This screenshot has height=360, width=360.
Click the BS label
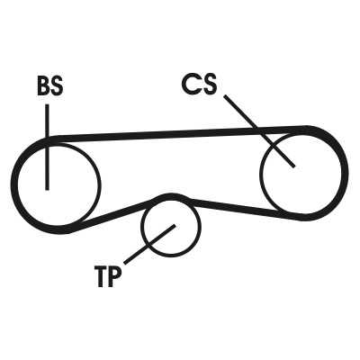[50, 86]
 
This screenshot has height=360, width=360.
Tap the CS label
[199, 84]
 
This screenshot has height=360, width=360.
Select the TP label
[108, 276]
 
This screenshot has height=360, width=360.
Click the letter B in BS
[43, 86]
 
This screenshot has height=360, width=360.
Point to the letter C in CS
[190, 84]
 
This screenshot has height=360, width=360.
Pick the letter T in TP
[101, 276]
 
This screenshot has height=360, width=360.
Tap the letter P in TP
[115, 276]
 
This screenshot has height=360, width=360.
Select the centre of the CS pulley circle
[301, 173]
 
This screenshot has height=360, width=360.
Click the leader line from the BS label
[47, 147]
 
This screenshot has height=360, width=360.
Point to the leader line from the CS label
[259, 130]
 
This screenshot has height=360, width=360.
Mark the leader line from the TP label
[149, 244]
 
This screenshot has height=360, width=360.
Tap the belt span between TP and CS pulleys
[240, 208]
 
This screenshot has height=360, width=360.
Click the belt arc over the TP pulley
[171, 197]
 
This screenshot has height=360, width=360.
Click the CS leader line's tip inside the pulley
[294, 166]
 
